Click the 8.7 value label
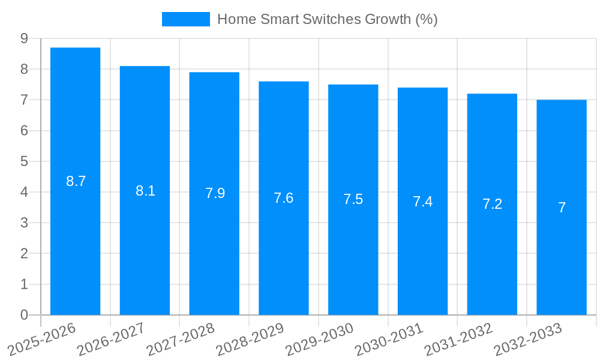[76, 181]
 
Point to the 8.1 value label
[145, 191]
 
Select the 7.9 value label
[215, 193]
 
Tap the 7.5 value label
[353, 199]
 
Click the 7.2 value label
[492, 204]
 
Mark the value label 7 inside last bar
[562, 208]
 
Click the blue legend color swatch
[186, 19]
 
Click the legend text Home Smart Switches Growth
[327, 19]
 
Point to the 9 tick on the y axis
[24, 38]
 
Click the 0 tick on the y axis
[24, 315]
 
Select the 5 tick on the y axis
[24, 161]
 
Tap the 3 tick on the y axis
[24, 223]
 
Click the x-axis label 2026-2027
[111, 339]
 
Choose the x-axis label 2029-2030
[319, 339]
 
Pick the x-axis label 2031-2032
[458, 339]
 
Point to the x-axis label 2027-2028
[181, 339]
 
